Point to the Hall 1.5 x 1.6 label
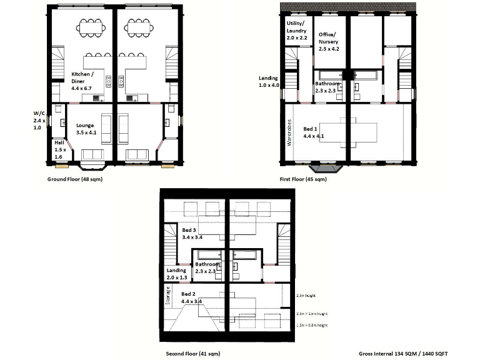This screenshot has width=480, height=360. tap(59, 149)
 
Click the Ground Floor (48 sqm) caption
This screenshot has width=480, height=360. tap(75, 179)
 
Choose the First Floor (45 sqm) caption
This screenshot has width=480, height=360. tap(303, 179)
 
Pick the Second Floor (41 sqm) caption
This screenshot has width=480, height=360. tap(192, 353)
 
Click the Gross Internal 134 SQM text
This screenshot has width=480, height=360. tap(404, 353)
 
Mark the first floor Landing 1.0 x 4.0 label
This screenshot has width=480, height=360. tap(268, 81)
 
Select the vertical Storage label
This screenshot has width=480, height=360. tap(167, 295)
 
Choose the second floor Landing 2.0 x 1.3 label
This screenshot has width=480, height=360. tap(177, 274)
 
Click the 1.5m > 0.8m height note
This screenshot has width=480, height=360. tap(311, 326)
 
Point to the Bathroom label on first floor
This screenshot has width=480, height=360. tap(327, 87)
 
